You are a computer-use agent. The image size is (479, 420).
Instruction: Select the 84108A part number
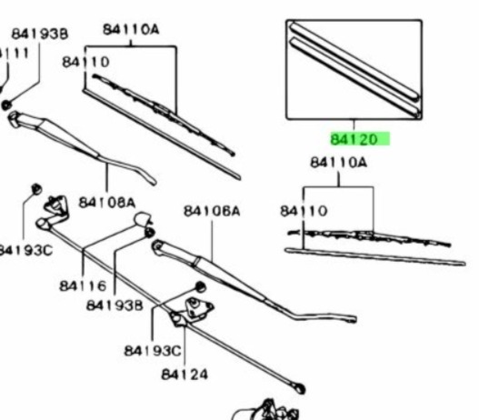pyautogui.click(x=107, y=203)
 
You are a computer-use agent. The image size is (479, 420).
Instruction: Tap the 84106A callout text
pyautogui.click(x=212, y=211)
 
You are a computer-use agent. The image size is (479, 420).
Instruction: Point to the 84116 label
pyautogui.click(x=83, y=286)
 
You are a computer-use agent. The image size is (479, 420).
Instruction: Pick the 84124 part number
pyautogui.click(x=185, y=375)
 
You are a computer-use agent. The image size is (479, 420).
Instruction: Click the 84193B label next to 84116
pyautogui.click(x=115, y=305)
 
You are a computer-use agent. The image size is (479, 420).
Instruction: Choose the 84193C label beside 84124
pyautogui.click(x=153, y=351)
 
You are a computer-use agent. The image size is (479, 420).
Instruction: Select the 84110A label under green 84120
pyautogui.click(x=338, y=162)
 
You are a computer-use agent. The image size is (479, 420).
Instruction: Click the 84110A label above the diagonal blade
pyautogui.click(x=131, y=30)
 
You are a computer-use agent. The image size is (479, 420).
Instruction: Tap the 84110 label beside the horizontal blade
pyautogui.click(x=304, y=211)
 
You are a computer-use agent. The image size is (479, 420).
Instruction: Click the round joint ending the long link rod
pyautogui.click(x=300, y=388)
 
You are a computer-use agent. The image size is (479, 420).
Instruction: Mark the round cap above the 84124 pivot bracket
pyautogui.click(x=200, y=287)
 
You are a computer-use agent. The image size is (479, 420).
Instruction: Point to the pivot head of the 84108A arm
pyautogui.click(x=14, y=119)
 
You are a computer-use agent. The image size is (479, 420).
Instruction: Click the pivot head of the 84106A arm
pyautogui.click(x=158, y=247)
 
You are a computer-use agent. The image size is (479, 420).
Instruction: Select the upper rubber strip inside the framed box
pyautogui.click(x=354, y=61)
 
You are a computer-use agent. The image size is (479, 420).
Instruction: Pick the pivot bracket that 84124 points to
pyautogui.click(x=192, y=312)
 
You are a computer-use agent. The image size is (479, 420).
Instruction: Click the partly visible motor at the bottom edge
pyautogui.click(x=265, y=410)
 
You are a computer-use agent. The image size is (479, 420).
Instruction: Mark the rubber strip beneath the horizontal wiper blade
pyautogui.click(x=375, y=257)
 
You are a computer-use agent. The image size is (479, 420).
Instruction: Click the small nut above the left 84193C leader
pyautogui.click(x=36, y=189)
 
